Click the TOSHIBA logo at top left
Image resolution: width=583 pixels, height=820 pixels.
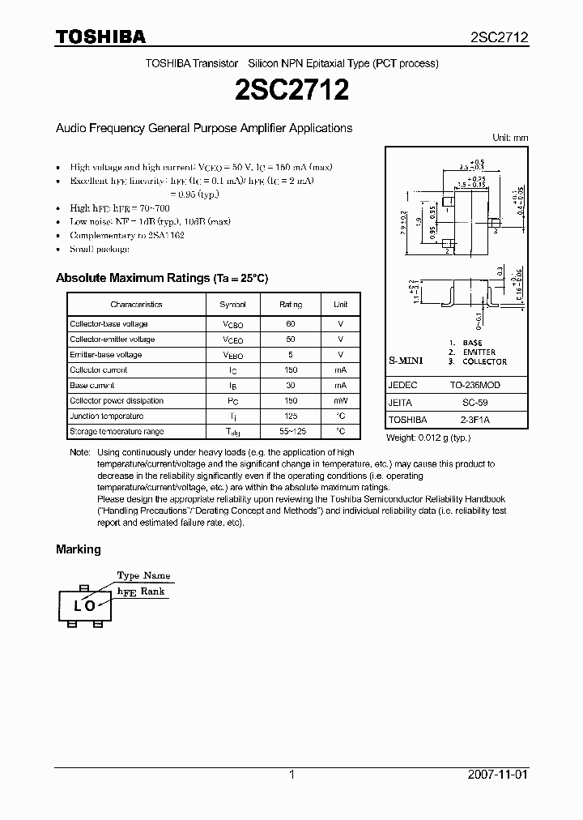pos(100,36)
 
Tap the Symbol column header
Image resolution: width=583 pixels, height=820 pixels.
pos(233,305)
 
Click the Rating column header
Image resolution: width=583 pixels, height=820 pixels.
pos(291,305)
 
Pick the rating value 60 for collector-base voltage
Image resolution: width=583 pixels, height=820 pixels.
pos(291,324)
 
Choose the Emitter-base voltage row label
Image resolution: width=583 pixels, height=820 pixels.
pos(106,355)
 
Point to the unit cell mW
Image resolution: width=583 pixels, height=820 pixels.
pos(340,400)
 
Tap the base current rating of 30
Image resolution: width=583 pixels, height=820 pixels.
pos(291,386)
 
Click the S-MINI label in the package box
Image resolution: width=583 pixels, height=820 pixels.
pos(406,359)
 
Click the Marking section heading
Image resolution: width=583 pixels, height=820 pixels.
pos(79,549)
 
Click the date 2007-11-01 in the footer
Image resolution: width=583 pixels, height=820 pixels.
pos(498,775)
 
